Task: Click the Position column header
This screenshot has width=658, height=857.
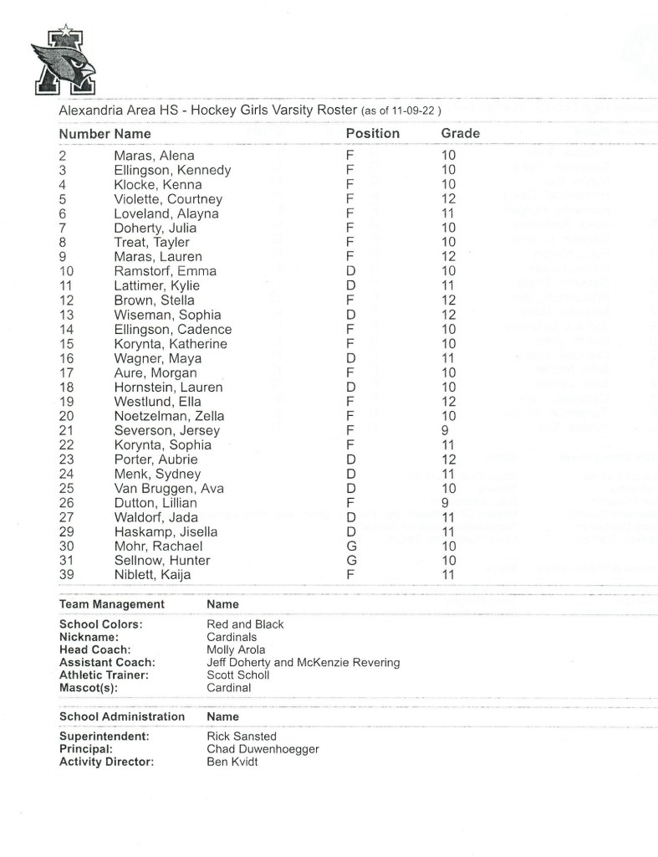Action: click(x=372, y=133)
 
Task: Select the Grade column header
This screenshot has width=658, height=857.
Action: click(x=460, y=133)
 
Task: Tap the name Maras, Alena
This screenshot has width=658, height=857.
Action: click(x=154, y=156)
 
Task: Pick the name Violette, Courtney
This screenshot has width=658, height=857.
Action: click(x=168, y=199)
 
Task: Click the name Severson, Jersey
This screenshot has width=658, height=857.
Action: click(x=166, y=430)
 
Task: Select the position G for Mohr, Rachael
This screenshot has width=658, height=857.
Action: click(x=350, y=546)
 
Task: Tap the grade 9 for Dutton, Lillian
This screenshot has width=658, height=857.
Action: click(x=445, y=503)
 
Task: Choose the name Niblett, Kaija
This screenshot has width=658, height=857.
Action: click(x=152, y=574)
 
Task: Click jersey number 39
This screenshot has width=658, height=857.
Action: click(x=68, y=574)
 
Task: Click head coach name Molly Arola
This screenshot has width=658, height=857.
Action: click(x=236, y=649)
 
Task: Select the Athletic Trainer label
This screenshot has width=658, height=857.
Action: click(x=105, y=675)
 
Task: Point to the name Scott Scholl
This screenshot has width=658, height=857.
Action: click(x=237, y=675)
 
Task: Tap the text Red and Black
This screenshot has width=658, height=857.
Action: click(x=245, y=624)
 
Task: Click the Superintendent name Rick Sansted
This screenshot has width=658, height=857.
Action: click(x=242, y=736)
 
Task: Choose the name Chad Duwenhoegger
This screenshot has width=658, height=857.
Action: click(x=263, y=749)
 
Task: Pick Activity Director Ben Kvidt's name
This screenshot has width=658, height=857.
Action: click(x=232, y=762)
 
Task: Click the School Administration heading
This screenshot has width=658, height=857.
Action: click(x=122, y=716)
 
